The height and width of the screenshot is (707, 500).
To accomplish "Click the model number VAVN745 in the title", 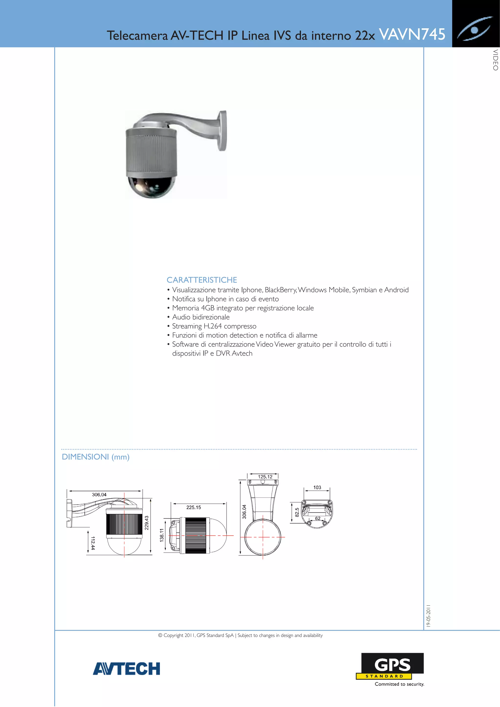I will coord(412,34).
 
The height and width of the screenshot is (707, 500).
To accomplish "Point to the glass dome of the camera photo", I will coord(152,186).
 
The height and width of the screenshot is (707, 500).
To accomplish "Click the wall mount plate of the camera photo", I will coord(222,131).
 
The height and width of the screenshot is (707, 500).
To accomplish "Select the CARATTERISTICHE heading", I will coord(202,280).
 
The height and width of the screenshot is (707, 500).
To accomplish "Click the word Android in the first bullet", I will coord(396,290).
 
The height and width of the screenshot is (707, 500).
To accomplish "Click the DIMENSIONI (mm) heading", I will coord(95,457).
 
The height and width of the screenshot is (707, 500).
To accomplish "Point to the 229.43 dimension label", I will coord(147,523).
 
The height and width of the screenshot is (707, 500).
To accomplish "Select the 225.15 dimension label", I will coord(193,507).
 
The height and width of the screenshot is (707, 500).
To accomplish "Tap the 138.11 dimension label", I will coord(162,535).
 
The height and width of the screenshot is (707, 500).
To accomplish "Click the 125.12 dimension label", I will coord(265,477).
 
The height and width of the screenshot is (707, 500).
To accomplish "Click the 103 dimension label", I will coord(317,487).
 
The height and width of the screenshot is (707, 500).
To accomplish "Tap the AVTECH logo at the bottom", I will coord(127,668).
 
